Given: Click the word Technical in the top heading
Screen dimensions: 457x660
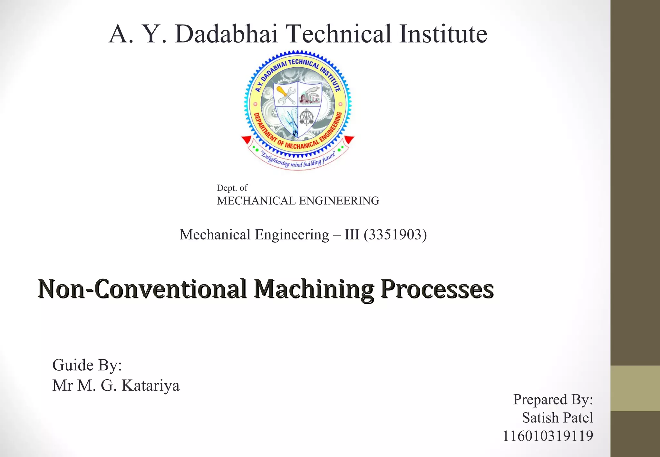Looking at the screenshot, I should (x=338, y=34).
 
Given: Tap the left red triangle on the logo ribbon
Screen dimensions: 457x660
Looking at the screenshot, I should (x=247, y=140).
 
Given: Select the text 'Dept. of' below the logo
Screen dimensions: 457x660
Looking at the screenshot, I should (x=232, y=188).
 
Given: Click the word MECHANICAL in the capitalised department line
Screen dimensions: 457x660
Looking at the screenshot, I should (x=256, y=201).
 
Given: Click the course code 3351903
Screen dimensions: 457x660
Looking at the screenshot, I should (x=395, y=235).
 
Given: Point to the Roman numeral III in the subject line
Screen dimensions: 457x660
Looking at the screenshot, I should (x=352, y=235).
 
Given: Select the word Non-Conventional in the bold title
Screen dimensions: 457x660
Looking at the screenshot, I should (x=142, y=289).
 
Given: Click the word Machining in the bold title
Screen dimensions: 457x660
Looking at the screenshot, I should (x=314, y=289).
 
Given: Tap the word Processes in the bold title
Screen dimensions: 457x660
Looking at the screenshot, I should (x=437, y=289).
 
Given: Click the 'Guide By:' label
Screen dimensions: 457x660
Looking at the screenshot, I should (x=87, y=365).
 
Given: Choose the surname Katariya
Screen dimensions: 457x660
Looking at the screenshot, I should (x=150, y=385).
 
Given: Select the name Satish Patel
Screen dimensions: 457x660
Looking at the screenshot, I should (x=557, y=418).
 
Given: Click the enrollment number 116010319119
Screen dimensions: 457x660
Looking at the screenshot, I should (x=548, y=436).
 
